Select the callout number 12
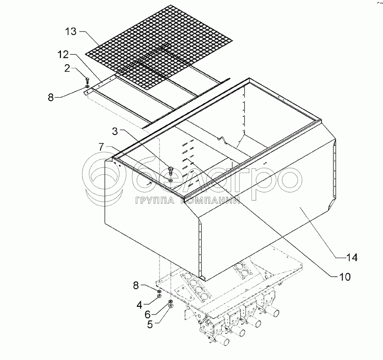[63, 55]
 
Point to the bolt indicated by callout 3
[171, 170]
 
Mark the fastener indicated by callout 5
[171, 307]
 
